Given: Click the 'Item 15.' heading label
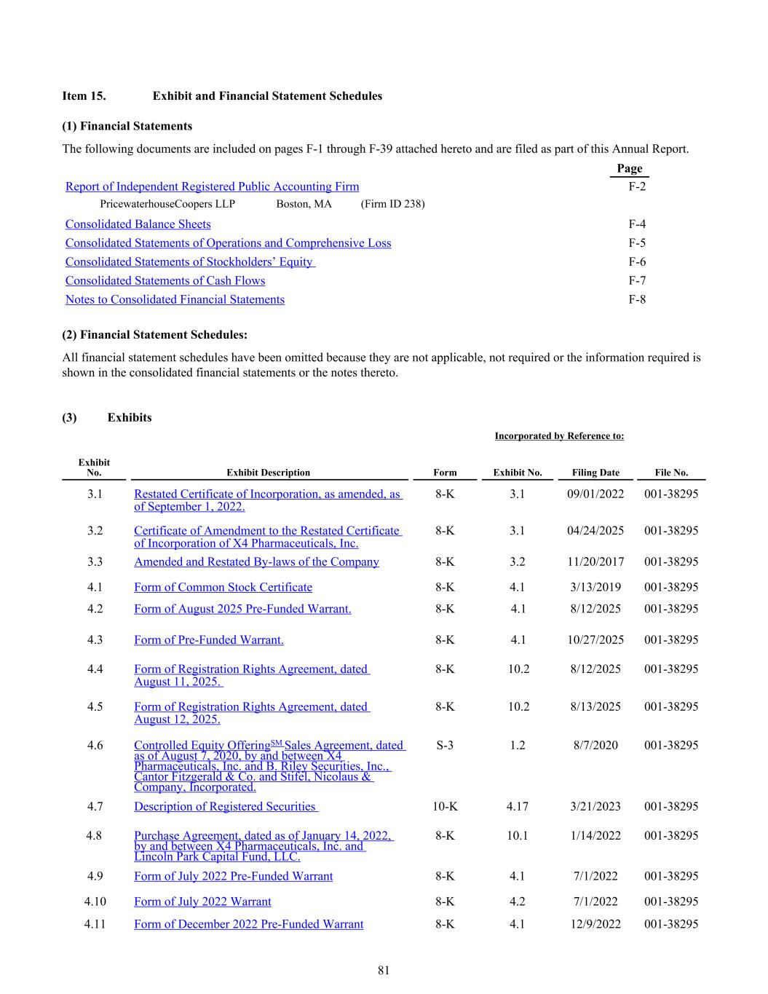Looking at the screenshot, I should [84, 96].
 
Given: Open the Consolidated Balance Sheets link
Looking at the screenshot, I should [138, 224].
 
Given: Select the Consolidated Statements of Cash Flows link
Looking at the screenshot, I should [165, 281].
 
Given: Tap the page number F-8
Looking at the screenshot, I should [637, 299].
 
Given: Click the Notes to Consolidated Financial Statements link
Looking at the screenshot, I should [175, 300].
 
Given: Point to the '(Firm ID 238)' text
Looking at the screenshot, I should [392, 204].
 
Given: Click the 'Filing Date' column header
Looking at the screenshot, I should [595, 473].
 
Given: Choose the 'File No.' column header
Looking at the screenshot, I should [671, 473].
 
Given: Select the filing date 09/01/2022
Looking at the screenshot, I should [595, 494].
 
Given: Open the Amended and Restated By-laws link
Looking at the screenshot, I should [256, 562].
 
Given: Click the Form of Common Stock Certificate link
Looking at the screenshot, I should [223, 588].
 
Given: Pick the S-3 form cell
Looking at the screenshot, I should [445, 745].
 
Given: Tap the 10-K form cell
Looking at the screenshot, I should [445, 806].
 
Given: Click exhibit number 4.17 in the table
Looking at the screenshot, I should [518, 806].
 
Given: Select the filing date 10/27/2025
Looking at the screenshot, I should [595, 640].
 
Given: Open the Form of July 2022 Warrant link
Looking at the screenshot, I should [202, 902].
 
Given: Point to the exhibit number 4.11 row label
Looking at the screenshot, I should [95, 924].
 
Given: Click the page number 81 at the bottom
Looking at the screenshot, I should [384, 971].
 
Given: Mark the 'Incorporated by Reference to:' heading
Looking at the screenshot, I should [559, 436].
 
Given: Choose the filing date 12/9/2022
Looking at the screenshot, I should [595, 924].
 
